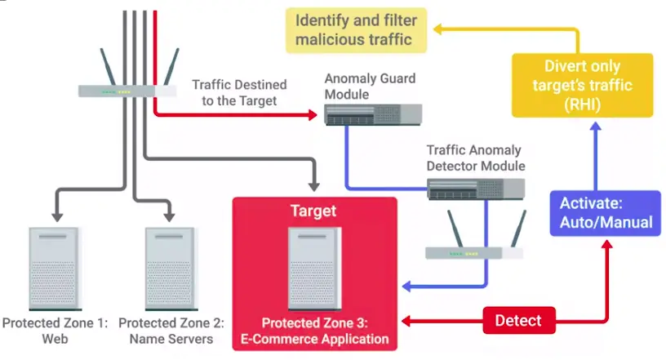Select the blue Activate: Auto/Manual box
coord(605,212)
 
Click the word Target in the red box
coord(313,211)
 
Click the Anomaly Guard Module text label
coord(369,87)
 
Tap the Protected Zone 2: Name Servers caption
coord(171,331)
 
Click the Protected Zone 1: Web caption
coord(55,331)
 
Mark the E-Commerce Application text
coord(314,339)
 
